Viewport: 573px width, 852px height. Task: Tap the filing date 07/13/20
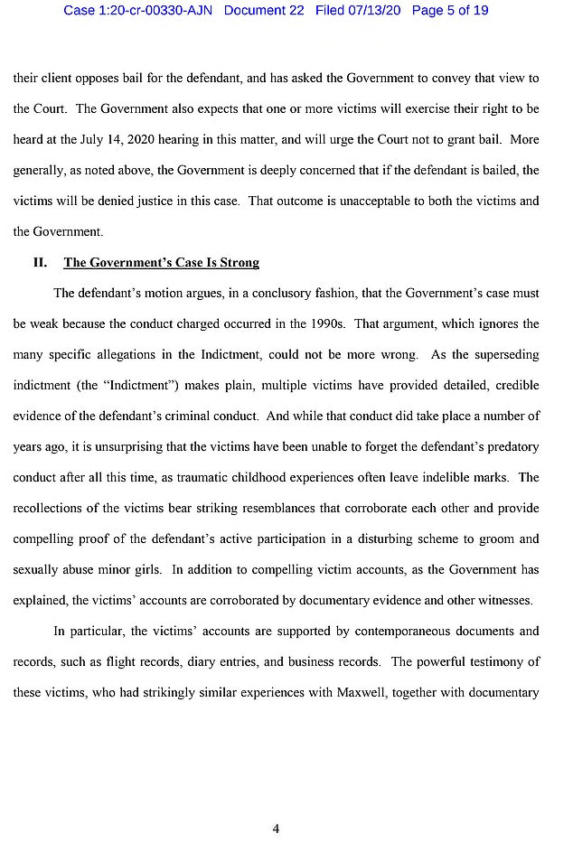[371, 11]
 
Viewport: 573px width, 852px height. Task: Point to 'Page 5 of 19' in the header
[450, 11]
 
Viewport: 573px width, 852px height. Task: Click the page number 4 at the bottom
[276, 829]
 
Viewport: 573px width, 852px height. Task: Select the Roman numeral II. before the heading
[40, 263]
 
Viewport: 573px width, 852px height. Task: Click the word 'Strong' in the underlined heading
[239, 263]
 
